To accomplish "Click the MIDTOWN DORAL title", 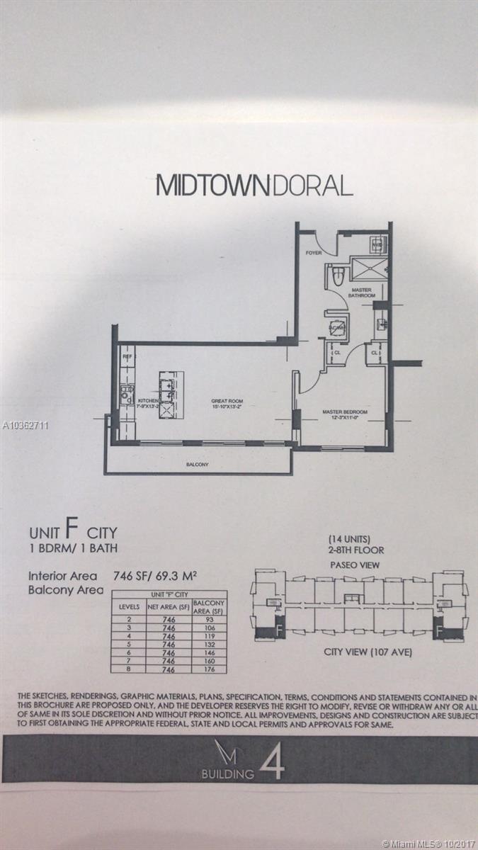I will click(254, 186).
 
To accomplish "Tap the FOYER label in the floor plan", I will click(313, 252).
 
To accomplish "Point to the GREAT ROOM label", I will click(227, 403).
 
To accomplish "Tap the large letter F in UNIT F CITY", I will click(71, 531).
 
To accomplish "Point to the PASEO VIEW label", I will click(354, 565).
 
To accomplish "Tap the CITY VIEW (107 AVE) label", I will click(359, 652).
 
